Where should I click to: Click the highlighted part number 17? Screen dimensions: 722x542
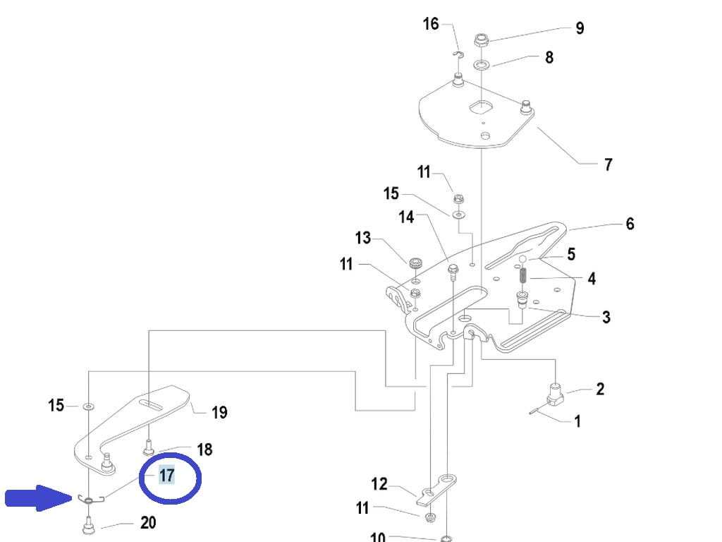[x=166, y=475]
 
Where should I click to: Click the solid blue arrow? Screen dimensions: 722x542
[x=39, y=498]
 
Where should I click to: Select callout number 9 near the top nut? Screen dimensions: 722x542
[x=580, y=28]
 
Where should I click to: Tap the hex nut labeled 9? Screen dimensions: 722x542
[x=481, y=40]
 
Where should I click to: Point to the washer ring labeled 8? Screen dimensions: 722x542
[x=482, y=63]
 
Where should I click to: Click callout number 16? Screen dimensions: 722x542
[x=431, y=23]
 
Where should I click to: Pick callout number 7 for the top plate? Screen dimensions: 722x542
[x=608, y=164]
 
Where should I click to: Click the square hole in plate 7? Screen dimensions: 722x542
[x=481, y=107]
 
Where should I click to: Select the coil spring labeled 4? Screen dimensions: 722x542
[x=522, y=275]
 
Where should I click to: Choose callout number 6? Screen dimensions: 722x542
[x=630, y=224]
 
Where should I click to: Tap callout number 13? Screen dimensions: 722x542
[x=363, y=238]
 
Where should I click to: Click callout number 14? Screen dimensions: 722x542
[x=406, y=217]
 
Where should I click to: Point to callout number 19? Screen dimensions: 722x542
[x=219, y=412]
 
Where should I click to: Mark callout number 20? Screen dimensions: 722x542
[x=148, y=523]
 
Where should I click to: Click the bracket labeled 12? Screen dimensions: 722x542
[x=436, y=490]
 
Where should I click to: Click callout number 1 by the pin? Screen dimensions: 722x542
[x=577, y=421]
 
